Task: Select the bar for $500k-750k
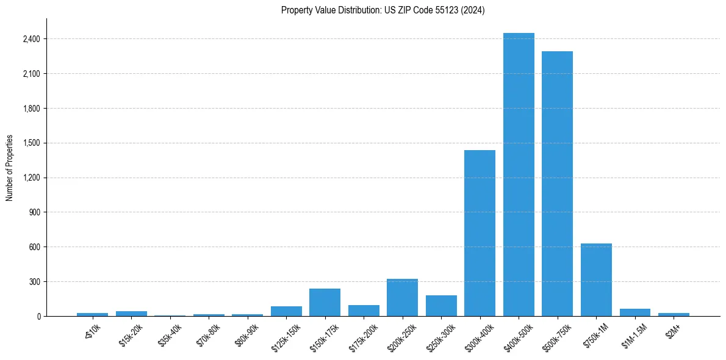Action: point(557,184)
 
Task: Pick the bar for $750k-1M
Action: point(596,280)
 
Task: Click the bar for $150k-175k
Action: point(325,303)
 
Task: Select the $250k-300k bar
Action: point(441,306)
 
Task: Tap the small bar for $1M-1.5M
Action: point(634,312)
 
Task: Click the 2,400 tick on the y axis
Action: point(31,39)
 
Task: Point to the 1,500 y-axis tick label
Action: point(31,143)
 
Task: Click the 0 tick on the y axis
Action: point(38,317)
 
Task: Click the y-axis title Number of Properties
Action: point(9,168)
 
